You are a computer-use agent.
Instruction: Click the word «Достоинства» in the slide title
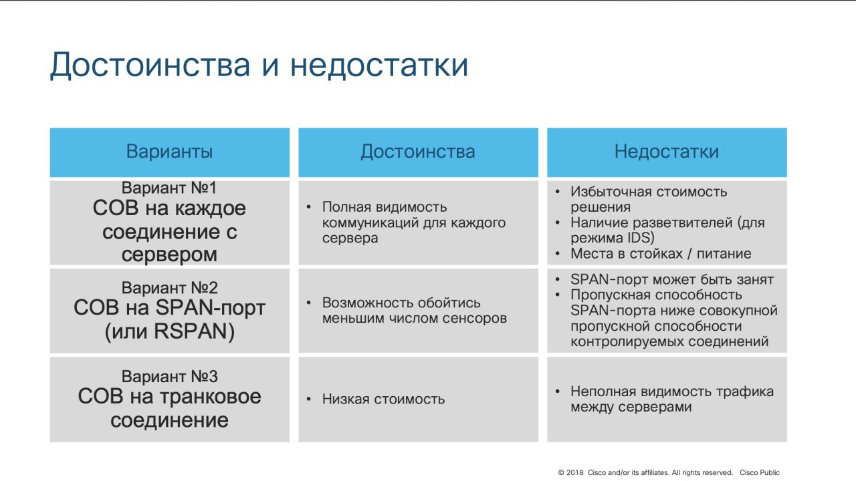point(150,65)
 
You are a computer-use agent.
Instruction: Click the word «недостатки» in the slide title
point(379,65)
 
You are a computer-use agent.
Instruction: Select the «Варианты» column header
point(169,152)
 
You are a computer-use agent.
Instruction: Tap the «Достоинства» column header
point(418,152)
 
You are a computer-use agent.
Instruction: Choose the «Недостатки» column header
point(667,152)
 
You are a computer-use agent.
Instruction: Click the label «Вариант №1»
point(169,188)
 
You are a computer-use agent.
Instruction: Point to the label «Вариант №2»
point(170,288)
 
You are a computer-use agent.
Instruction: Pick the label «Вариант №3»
point(170,376)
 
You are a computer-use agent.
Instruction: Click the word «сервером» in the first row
point(169,255)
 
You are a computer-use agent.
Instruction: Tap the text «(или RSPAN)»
point(170,331)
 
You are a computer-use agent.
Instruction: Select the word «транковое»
point(210,396)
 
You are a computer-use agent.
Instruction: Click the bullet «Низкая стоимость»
point(383,399)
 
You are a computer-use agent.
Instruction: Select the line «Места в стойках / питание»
point(661,253)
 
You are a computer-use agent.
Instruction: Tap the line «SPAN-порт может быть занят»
point(672,280)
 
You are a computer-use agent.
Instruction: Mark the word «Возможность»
point(367,303)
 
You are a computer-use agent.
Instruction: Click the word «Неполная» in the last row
point(603,391)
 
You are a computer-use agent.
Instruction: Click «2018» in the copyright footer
point(574,472)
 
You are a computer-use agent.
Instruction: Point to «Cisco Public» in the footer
point(760,472)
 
